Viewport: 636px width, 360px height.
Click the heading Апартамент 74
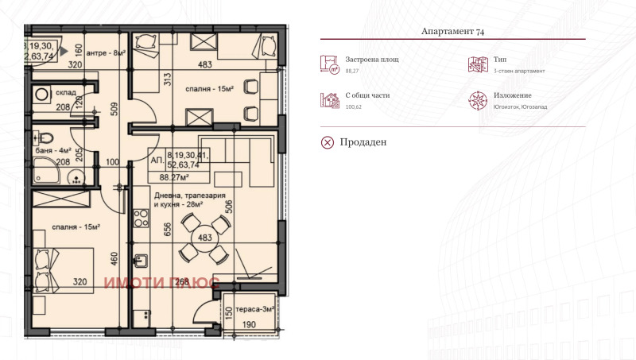click(x=452, y=32)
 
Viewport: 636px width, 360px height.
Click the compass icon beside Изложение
click(x=479, y=100)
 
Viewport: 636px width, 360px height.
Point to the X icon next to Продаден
click(x=328, y=142)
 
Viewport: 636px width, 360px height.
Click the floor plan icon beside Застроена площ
click(x=329, y=64)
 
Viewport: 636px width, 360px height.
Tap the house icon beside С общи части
click(x=329, y=100)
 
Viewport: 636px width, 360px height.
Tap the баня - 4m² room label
click(x=53, y=149)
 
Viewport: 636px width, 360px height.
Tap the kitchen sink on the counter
click(x=141, y=258)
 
